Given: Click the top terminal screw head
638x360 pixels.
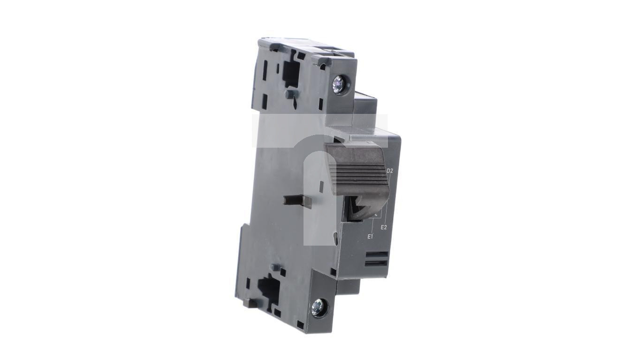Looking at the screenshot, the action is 341,84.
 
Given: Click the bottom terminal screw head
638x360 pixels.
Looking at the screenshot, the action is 319,307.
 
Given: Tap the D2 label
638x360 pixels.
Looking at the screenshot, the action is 390,171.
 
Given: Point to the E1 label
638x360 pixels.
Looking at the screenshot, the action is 370,236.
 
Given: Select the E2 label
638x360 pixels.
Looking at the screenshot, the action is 384,227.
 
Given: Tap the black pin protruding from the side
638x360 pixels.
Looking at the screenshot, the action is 296,200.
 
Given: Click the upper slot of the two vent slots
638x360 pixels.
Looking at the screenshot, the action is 376,255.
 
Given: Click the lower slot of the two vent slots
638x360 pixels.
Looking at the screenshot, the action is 376,263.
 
